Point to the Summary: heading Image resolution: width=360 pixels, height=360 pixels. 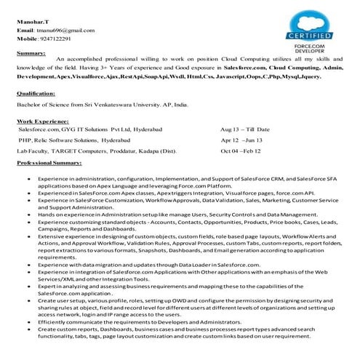pyautogui.click(x=32, y=53)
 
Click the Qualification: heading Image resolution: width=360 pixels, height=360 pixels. pyautogui.click(x=38, y=94)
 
